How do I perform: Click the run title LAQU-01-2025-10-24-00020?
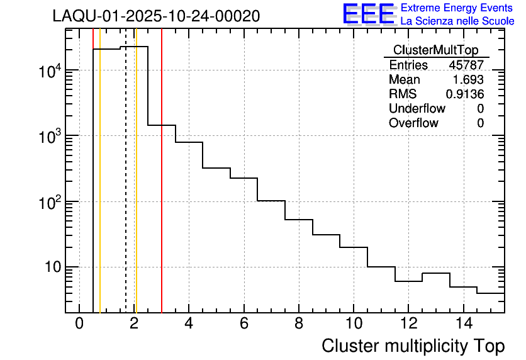click(156, 16)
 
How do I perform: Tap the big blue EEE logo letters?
click(368, 14)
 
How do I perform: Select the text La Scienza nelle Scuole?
click(457, 21)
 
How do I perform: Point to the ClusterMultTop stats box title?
click(435, 50)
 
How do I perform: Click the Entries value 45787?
click(466, 65)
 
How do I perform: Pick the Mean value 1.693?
click(469, 80)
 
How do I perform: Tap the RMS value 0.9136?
click(465, 94)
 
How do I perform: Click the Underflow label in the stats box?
click(417, 109)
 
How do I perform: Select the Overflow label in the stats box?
click(413, 123)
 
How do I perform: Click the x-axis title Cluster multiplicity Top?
click(413, 346)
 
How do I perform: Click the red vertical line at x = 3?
click(162, 189)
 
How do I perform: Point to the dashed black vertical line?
click(126, 189)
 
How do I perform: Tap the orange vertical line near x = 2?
click(136, 189)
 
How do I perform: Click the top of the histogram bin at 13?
click(435, 273)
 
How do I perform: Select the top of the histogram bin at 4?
click(189, 142)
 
